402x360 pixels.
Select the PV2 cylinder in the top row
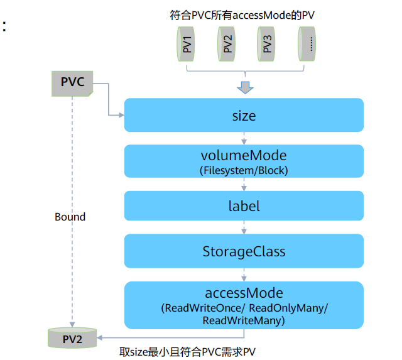(227, 46)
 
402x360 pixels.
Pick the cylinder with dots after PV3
(308, 46)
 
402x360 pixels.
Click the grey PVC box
(72, 83)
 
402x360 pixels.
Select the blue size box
(244, 115)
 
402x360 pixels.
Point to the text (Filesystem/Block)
(244, 170)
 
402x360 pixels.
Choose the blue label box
(244, 206)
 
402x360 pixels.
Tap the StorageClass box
(244, 251)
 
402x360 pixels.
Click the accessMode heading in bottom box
(244, 293)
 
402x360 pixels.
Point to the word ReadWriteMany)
(244, 320)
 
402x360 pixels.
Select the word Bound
(70, 217)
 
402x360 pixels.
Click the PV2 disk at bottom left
(72, 338)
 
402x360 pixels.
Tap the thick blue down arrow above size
(244, 87)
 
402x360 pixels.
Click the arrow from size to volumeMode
(244, 138)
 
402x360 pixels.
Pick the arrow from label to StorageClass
(244, 227)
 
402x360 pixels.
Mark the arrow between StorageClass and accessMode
(244, 275)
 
